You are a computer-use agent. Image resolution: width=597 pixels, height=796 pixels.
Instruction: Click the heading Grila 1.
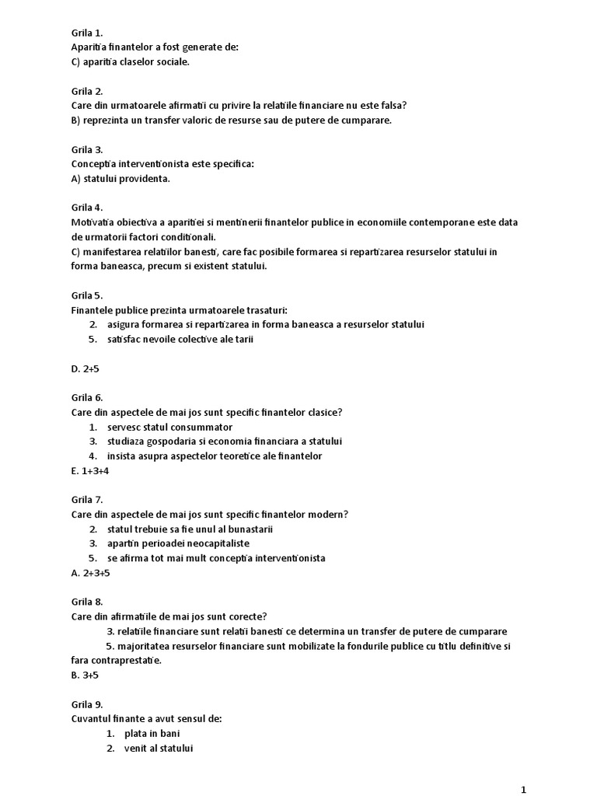click(86, 33)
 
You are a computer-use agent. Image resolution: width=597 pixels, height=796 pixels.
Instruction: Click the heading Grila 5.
click(86, 295)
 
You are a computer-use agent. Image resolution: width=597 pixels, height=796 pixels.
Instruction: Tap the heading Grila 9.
click(86, 704)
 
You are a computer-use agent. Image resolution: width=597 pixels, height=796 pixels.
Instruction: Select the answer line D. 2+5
click(86, 368)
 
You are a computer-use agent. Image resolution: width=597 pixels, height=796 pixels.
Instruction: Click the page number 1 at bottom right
click(524, 790)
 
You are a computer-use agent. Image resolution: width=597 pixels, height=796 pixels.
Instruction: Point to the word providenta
click(145, 179)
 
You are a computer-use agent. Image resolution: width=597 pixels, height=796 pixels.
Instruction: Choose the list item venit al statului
click(158, 748)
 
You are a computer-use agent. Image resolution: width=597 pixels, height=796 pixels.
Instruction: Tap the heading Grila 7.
click(86, 500)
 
